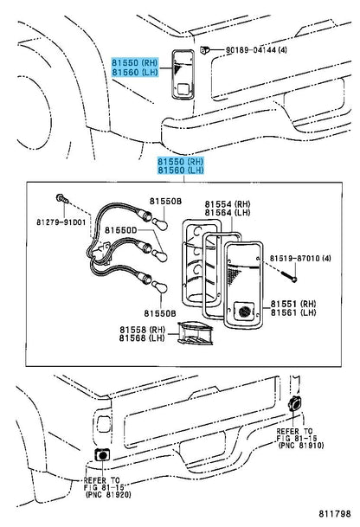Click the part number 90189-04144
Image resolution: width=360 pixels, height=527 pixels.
click(x=252, y=50)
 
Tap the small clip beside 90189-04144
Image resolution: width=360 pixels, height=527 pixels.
click(x=204, y=50)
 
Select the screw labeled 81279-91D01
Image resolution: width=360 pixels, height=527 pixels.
click(x=63, y=199)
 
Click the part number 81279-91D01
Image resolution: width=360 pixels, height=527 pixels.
click(x=61, y=222)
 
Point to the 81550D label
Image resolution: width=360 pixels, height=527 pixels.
click(x=121, y=230)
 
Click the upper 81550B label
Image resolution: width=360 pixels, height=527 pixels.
click(x=165, y=201)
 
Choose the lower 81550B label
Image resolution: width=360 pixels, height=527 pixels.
click(x=160, y=313)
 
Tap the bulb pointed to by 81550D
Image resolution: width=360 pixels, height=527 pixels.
click(x=158, y=255)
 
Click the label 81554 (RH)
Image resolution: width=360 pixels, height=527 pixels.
click(x=228, y=204)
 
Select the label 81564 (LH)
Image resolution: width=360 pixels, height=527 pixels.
click(x=228, y=213)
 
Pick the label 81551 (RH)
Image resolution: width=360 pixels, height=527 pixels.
click(x=293, y=304)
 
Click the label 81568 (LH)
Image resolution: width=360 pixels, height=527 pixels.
click(x=142, y=338)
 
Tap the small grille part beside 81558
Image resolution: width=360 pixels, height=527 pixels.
click(x=195, y=333)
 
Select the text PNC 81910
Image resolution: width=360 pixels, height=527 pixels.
click(x=301, y=446)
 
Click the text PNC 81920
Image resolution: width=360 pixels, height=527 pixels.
click(x=108, y=494)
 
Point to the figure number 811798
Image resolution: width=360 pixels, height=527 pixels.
click(x=334, y=513)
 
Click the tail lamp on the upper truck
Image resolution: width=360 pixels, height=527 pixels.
click(x=183, y=74)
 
